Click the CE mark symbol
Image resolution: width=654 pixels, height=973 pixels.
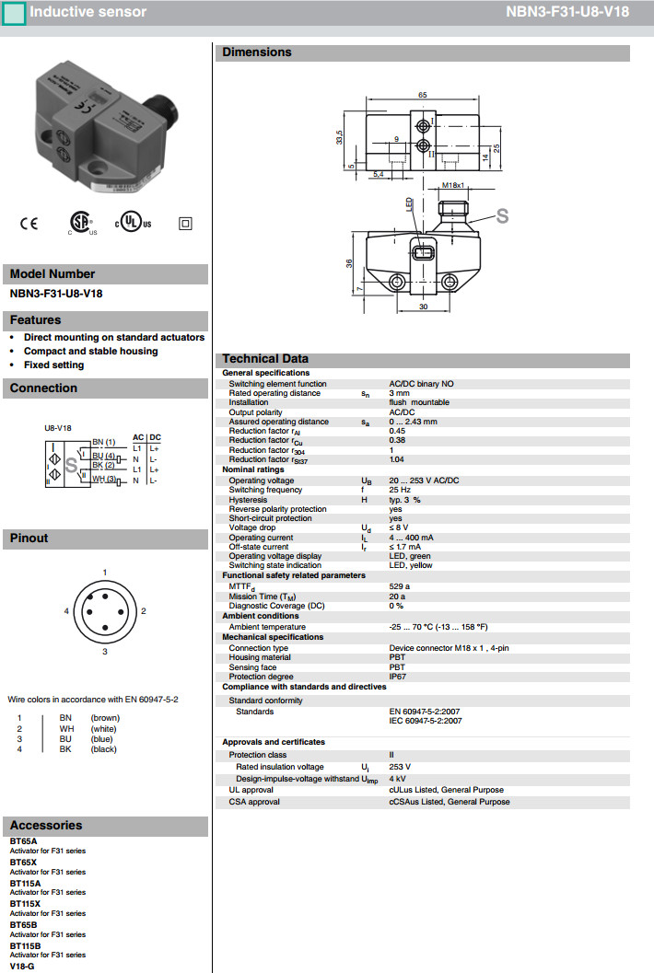pos(29,223)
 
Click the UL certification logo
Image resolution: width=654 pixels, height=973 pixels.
pos(134,223)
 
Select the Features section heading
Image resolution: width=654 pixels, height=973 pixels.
pos(36,320)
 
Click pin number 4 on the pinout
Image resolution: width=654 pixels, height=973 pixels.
pos(67,610)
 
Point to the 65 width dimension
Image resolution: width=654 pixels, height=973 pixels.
pos(422,95)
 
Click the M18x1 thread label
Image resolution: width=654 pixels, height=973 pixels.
pos(451,185)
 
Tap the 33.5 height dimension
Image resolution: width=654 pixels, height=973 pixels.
pos(339,137)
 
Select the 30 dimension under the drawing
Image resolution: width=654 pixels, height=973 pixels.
pos(423,307)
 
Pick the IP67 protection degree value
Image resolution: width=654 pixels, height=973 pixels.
pos(398,677)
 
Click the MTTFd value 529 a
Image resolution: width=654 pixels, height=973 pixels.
pos(400,586)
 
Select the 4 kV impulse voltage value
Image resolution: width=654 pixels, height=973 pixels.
pos(398,779)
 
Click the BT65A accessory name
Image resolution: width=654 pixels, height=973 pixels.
pos(23,841)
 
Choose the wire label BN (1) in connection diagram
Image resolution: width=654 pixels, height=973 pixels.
pos(103,443)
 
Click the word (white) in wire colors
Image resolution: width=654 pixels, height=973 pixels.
pos(103,727)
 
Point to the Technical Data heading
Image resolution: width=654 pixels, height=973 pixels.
pos(265,359)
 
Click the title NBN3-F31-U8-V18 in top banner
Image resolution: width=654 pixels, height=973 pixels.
pos(567,12)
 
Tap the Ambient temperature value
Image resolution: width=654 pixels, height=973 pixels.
pos(438,627)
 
